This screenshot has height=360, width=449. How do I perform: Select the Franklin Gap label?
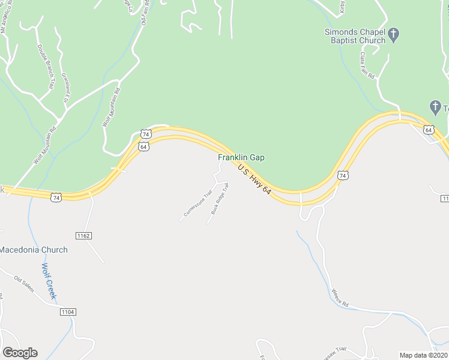click(241, 157)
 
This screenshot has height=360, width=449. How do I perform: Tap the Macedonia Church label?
click(34, 250)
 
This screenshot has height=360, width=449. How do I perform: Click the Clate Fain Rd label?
click(367, 65)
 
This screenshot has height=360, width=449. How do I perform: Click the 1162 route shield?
click(83, 236)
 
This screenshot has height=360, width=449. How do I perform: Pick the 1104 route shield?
click(67, 312)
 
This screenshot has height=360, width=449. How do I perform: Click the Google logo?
click(20, 353)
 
